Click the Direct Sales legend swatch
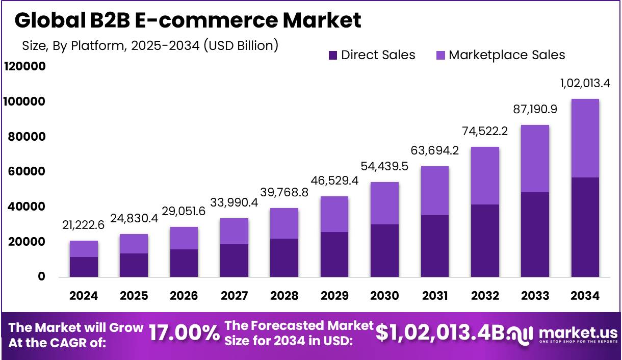click(x=333, y=55)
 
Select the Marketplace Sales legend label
click(x=507, y=55)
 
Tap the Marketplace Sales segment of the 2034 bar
click(x=585, y=138)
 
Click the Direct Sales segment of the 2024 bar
click(x=84, y=267)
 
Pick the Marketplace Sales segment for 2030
click(x=384, y=203)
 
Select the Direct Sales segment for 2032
click(x=485, y=241)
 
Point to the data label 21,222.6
click(x=84, y=225)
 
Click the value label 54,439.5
click(x=384, y=166)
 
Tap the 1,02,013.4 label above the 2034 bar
click(x=585, y=83)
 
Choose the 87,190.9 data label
click(x=535, y=109)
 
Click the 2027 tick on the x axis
click(x=234, y=296)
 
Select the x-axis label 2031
click(x=435, y=296)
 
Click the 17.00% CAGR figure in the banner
click(x=184, y=334)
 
